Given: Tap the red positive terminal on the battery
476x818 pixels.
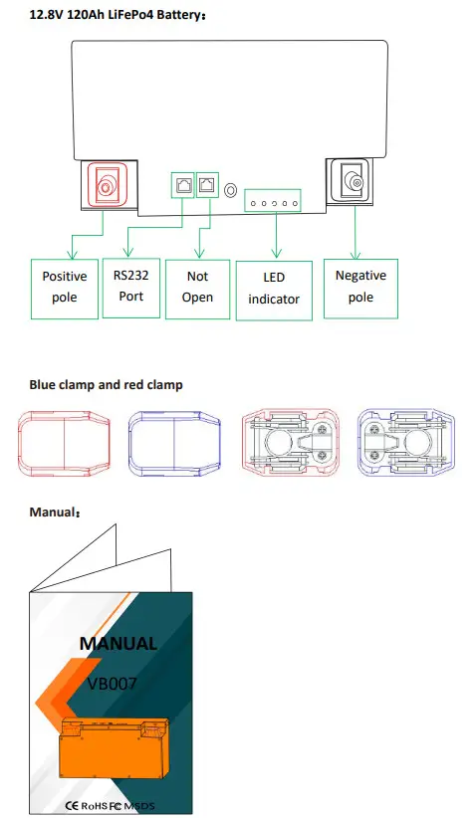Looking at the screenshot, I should (104, 184).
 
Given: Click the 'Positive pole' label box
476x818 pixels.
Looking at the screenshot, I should (64, 288).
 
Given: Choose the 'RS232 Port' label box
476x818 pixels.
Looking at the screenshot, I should (130, 286).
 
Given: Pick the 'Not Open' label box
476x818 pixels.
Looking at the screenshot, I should (197, 288).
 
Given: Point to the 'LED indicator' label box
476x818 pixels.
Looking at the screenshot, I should (273, 290).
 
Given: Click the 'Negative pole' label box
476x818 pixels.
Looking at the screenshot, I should (360, 287).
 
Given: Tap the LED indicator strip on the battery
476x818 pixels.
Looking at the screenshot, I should (273, 200).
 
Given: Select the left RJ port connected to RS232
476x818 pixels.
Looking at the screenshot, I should (184, 184).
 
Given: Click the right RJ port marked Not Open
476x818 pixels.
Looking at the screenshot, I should (206, 184).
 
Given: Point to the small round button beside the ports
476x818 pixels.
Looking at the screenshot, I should (230, 188).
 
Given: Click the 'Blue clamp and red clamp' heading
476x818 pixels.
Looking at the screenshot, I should (106, 384).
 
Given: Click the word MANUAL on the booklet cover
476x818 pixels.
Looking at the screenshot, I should (118, 643).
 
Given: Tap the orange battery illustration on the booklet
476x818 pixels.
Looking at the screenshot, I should (116, 747).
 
